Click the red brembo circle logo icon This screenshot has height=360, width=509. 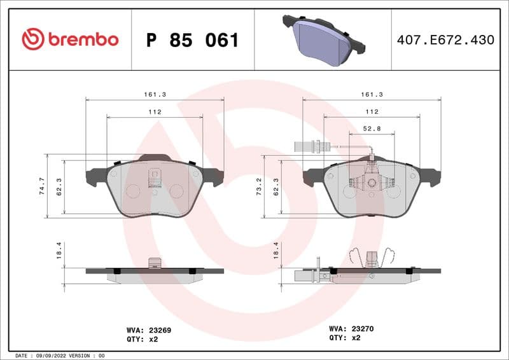pos(32,39)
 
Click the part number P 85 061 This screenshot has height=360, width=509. pos(192,40)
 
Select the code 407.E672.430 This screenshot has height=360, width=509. pos(445,40)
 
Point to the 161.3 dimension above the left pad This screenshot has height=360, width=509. pos(155,94)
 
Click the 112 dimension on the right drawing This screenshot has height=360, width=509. pos(372,111)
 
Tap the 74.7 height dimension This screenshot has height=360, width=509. pos(42,186)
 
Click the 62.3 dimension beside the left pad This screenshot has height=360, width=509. pos(59,187)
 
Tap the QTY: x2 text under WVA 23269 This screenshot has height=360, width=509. pos(144,339)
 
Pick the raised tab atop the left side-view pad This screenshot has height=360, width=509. pos(153,262)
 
